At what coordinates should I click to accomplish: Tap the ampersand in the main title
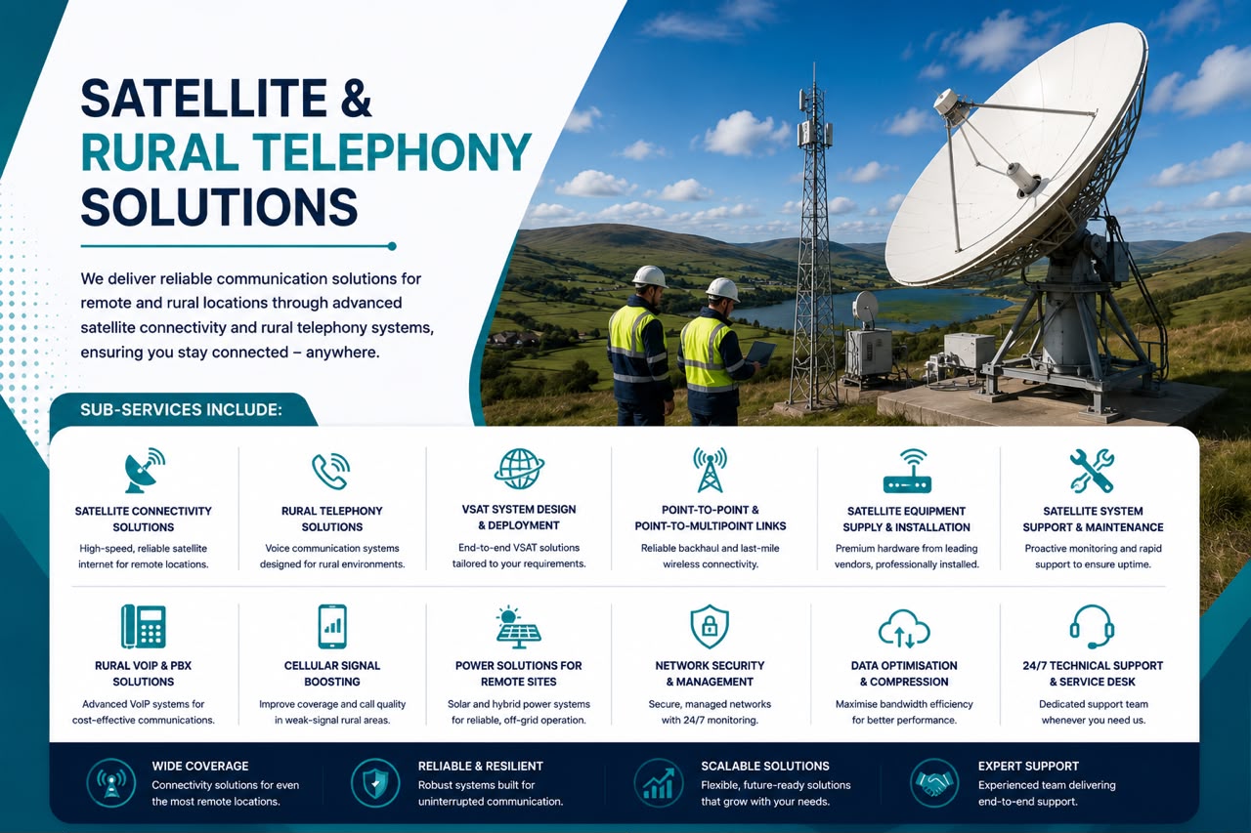click(x=356, y=98)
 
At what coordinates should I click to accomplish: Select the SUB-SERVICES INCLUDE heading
click(x=181, y=410)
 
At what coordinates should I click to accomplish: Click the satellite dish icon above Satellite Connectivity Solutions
click(x=144, y=471)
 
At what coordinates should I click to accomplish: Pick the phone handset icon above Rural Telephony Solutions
click(x=331, y=471)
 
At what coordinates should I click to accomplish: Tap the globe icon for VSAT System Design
click(x=519, y=469)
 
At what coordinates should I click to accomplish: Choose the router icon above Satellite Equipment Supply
click(x=907, y=471)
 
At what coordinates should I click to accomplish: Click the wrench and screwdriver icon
click(x=1092, y=471)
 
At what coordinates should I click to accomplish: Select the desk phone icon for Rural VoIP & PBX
click(x=144, y=626)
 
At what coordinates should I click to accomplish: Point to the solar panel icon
click(x=518, y=627)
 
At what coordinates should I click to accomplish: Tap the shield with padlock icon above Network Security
click(x=710, y=626)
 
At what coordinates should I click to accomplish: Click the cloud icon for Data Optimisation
click(x=904, y=629)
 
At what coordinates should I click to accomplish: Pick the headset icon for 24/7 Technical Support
click(x=1093, y=627)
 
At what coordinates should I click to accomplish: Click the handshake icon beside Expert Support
click(x=933, y=783)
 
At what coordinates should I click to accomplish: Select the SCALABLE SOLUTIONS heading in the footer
click(x=765, y=766)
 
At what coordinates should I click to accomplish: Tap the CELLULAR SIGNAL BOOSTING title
click(x=331, y=674)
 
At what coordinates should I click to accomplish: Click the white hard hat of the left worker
click(x=650, y=276)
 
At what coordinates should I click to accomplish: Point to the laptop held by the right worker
click(x=760, y=353)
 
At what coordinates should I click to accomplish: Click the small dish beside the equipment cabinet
click(x=865, y=309)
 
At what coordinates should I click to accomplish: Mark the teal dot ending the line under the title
click(x=392, y=246)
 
